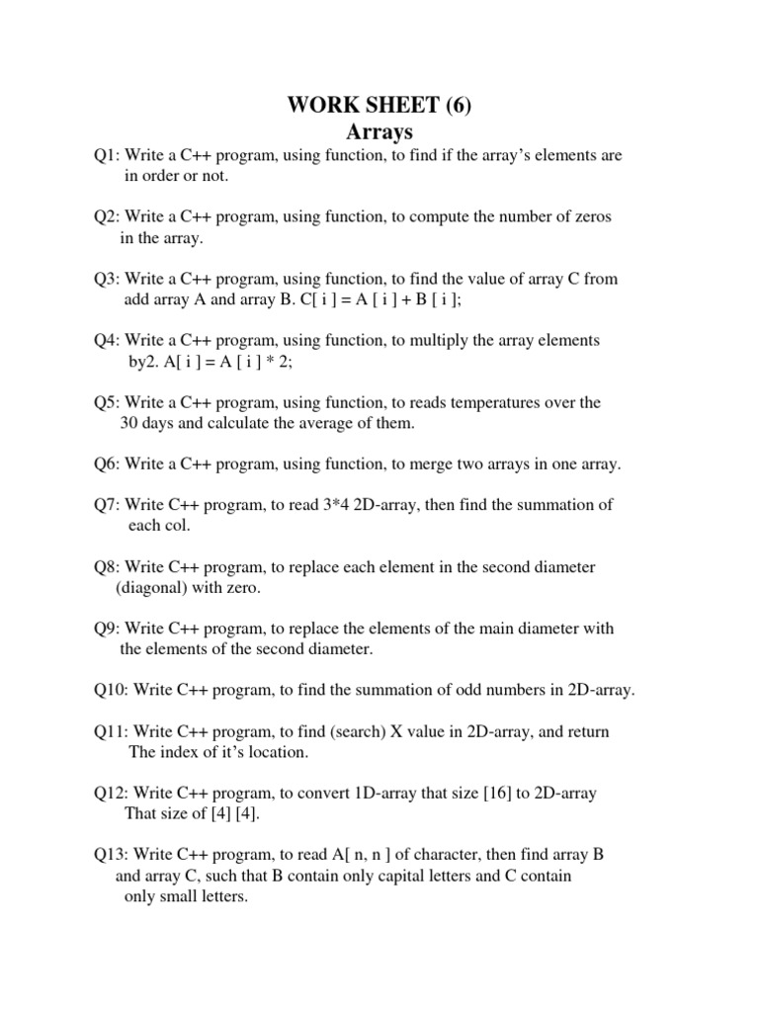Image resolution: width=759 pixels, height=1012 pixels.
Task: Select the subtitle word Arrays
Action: click(379, 130)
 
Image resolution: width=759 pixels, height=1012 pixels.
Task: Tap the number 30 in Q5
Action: click(130, 423)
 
